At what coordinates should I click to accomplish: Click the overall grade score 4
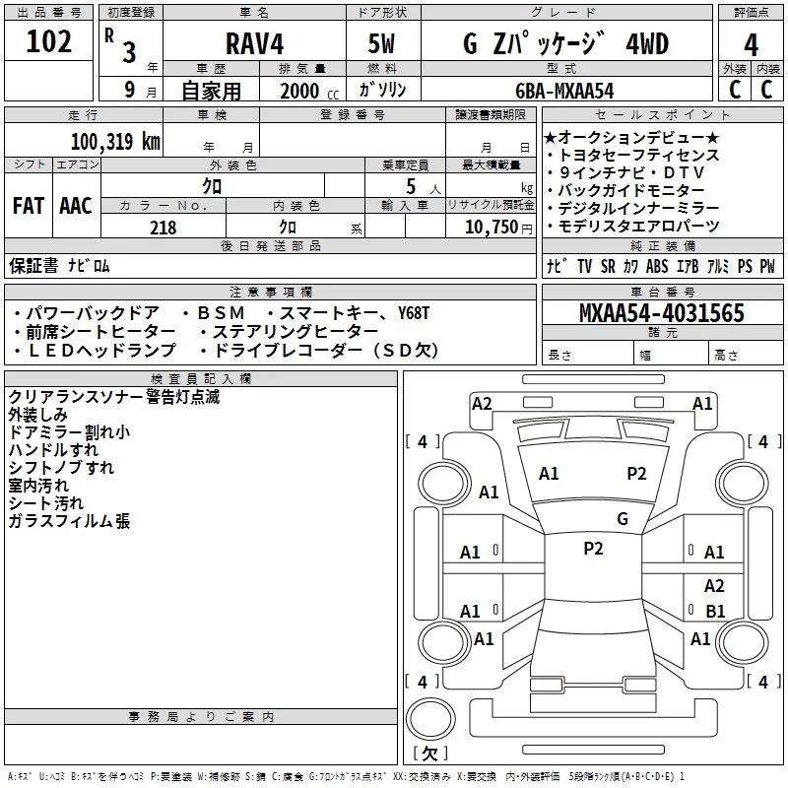point(752,44)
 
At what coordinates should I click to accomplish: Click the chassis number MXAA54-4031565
point(661,314)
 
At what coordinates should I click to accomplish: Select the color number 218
point(163,228)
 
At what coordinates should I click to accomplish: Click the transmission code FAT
point(28,206)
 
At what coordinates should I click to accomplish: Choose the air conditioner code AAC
point(76,206)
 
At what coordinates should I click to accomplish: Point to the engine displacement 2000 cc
point(305,92)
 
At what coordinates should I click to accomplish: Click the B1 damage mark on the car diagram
point(715,611)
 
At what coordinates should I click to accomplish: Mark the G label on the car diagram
point(623,518)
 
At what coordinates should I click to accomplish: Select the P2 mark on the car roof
point(593,549)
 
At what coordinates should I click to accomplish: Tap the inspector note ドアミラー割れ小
point(68,432)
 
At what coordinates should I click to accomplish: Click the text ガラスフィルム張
point(68,521)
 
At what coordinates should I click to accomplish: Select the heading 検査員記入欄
point(203,378)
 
